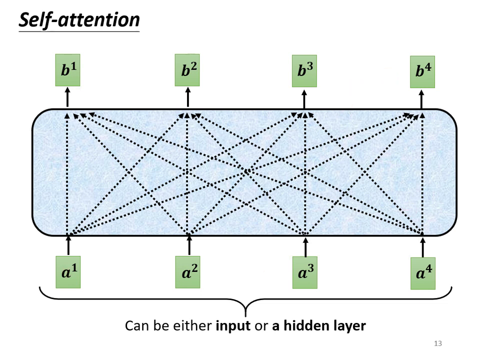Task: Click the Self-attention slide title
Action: point(79,20)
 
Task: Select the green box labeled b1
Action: point(67,70)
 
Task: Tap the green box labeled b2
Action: point(187,70)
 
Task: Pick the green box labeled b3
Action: point(304,70)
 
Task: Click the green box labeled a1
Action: point(68,272)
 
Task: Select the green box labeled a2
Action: point(187,272)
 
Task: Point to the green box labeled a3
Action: point(304,272)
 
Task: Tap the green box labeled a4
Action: point(422,273)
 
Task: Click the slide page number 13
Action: point(438,343)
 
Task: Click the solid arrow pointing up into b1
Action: point(67,98)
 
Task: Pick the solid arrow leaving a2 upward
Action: point(188,245)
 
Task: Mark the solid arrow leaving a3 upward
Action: point(305,245)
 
